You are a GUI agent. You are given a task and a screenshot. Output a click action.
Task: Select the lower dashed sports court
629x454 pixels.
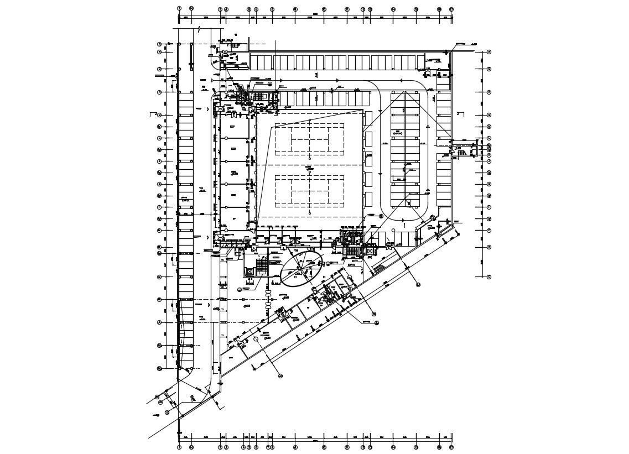click(x=309, y=189)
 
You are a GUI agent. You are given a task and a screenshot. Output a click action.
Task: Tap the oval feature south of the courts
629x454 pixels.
click(x=302, y=269)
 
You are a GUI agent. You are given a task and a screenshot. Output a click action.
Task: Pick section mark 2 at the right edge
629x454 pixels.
click(x=458, y=114)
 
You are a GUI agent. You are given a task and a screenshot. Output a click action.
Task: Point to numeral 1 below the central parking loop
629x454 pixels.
click(x=404, y=226)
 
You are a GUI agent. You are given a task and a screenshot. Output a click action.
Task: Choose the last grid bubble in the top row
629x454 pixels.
click(x=451, y=9)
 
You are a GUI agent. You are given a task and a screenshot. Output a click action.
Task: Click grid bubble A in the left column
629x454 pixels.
click(x=159, y=322)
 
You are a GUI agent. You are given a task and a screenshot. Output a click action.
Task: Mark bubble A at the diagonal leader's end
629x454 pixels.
click(x=280, y=375)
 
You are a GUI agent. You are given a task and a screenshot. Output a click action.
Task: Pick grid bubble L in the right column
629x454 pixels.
click(x=489, y=138)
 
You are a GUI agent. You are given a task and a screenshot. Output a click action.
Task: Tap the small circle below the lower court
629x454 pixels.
click(x=310, y=212)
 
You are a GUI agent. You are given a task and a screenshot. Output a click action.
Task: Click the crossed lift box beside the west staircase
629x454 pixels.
click(x=249, y=272)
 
